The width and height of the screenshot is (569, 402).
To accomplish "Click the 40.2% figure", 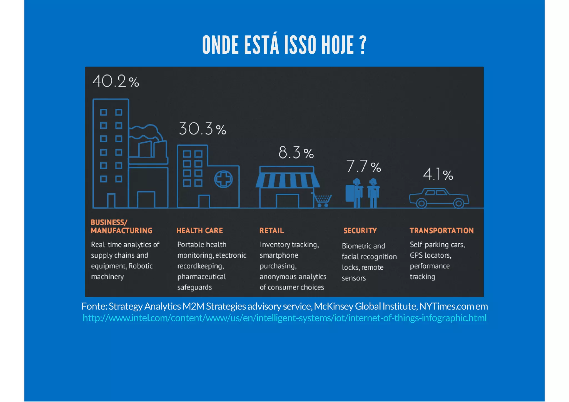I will [115, 82].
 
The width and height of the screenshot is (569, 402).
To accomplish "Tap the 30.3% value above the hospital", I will [202, 129].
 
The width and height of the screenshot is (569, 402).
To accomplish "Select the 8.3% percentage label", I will [296, 153].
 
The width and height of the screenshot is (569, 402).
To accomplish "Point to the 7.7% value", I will [363, 166].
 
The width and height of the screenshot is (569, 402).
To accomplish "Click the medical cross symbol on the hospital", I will [223, 179].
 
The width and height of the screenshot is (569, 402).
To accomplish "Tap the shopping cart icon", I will [322, 200].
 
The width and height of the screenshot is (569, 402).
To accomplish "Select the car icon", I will [439, 198].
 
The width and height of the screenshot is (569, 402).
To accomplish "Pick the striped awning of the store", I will [288, 180].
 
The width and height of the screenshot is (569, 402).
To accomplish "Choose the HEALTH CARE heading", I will [199, 231].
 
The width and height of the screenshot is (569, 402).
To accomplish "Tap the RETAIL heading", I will [271, 231].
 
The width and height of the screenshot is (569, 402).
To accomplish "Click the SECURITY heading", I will [360, 231].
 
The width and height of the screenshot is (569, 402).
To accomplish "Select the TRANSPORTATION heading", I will [441, 231].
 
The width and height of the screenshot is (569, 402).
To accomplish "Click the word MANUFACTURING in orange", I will [121, 231].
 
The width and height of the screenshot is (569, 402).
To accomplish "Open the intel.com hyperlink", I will [284, 318].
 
